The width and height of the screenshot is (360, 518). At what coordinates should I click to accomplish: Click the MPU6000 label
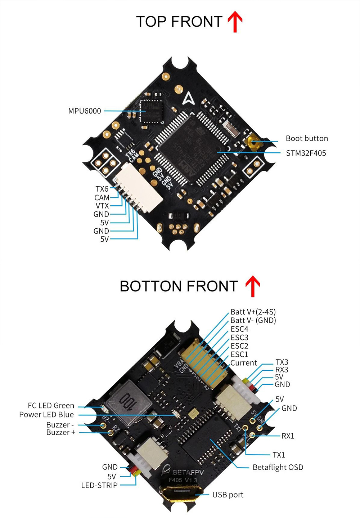85,111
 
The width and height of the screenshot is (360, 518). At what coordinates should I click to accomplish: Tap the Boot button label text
307,138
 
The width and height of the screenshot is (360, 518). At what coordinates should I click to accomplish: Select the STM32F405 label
306,153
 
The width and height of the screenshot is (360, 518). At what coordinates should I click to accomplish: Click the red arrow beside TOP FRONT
235,22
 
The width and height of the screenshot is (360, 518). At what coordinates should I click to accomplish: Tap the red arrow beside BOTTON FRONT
253,286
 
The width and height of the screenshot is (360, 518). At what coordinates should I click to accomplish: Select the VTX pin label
102,206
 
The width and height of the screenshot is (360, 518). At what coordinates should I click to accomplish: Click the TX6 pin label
102,189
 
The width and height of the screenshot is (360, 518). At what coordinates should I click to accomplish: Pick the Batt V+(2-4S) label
253,312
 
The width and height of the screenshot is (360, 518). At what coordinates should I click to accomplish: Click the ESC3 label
239,338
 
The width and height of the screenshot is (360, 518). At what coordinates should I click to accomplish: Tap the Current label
244,363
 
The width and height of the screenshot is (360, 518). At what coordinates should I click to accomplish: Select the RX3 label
282,370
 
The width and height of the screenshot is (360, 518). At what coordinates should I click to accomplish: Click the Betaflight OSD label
278,467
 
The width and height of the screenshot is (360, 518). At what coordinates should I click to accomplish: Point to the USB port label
228,495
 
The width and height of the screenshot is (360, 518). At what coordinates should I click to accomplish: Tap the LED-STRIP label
99,485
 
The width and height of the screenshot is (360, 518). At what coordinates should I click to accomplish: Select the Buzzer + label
61,432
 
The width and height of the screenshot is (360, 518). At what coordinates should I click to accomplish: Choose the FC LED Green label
51,406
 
